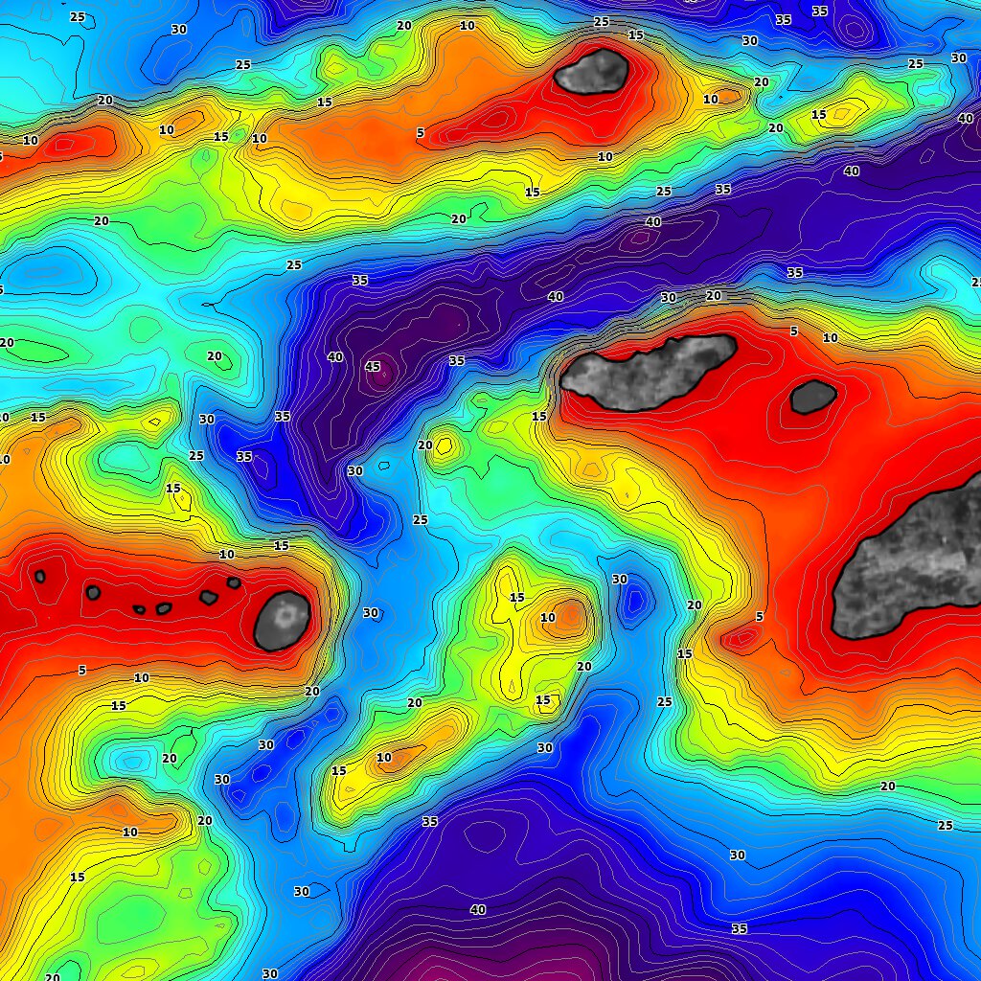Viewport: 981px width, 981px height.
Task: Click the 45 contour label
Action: point(373,366)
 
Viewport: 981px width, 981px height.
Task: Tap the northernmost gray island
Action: point(592,71)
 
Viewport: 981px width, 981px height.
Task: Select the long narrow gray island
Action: point(650,371)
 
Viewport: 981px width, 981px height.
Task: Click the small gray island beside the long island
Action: point(812,397)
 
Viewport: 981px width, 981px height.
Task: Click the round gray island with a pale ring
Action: point(283,620)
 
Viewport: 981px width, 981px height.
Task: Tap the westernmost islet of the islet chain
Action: point(40,577)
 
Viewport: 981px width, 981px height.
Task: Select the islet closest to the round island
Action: point(234,582)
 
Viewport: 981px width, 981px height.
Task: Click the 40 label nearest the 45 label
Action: point(335,356)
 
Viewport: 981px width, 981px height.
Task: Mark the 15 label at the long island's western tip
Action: point(539,417)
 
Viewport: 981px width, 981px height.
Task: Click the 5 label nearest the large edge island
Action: point(759,617)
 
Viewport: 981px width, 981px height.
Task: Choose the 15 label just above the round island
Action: point(281,546)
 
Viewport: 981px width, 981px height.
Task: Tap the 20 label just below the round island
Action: point(312,691)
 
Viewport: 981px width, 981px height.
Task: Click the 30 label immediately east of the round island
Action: point(371,612)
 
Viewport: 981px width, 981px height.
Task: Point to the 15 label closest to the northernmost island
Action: point(635,35)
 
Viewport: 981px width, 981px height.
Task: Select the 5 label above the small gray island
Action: point(793,331)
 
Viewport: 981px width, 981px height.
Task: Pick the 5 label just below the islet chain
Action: point(82,670)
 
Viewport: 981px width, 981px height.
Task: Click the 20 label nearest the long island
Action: point(713,295)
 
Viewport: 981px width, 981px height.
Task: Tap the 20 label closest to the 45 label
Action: point(424,445)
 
